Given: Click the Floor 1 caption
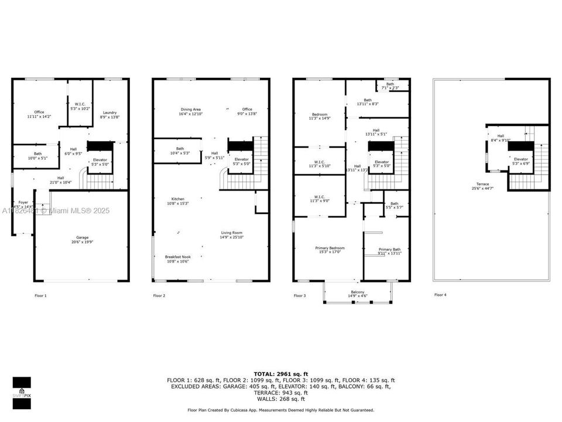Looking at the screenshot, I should [x=39, y=296].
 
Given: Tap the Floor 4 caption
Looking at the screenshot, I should [x=440, y=295].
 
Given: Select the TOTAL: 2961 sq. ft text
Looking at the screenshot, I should [x=280, y=373].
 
